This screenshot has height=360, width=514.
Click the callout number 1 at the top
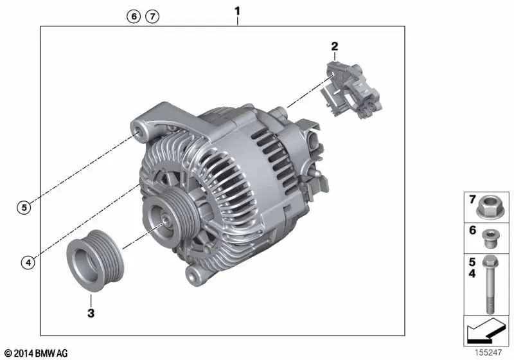click(238, 11)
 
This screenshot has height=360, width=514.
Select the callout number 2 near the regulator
click(334, 46)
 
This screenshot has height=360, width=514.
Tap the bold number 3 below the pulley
click(91, 314)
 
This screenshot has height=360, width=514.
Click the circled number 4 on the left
click(26, 262)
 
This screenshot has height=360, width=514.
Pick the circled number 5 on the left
click(23, 207)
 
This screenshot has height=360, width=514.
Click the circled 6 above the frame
click(133, 17)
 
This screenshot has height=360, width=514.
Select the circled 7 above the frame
click(152, 17)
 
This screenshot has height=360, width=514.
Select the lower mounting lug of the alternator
click(193, 276)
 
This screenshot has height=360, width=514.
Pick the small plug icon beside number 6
click(490, 237)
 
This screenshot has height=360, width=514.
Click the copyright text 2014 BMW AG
click(35, 353)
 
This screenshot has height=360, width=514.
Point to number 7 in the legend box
click(472, 199)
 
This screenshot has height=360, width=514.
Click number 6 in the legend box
click(472, 230)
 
